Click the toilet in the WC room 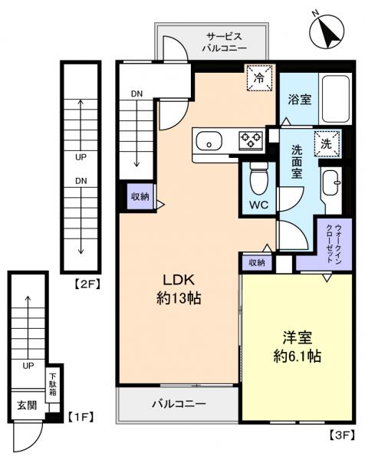coord(258,179)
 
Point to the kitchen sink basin coord(209,141)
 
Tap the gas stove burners coord(251,140)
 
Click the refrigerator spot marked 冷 coord(259,77)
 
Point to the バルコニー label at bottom coord(177,403)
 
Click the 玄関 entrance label coord(26,406)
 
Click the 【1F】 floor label coord(81,418)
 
